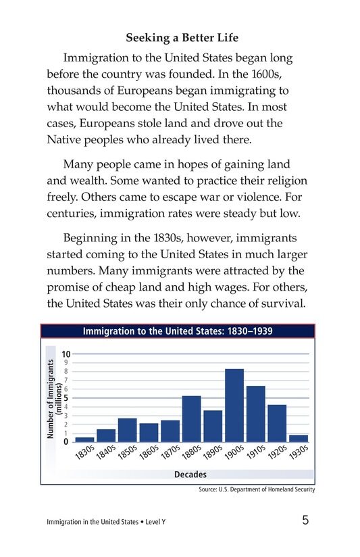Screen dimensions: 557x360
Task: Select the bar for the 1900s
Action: (234, 405)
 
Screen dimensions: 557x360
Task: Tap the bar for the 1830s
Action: (84, 439)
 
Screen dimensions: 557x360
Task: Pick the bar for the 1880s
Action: (192, 418)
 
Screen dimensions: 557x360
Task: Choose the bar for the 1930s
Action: (299, 438)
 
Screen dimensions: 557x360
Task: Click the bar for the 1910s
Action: (255, 413)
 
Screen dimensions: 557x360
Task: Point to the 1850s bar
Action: (128, 429)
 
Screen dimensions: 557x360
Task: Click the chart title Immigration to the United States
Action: (178, 331)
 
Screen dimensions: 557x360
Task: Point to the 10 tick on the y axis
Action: (66, 354)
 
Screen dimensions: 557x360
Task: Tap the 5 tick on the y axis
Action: (66, 397)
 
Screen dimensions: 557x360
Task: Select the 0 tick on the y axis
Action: (66, 441)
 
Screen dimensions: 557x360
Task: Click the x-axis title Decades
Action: (190, 475)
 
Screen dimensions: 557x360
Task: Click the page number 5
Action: (306, 520)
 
